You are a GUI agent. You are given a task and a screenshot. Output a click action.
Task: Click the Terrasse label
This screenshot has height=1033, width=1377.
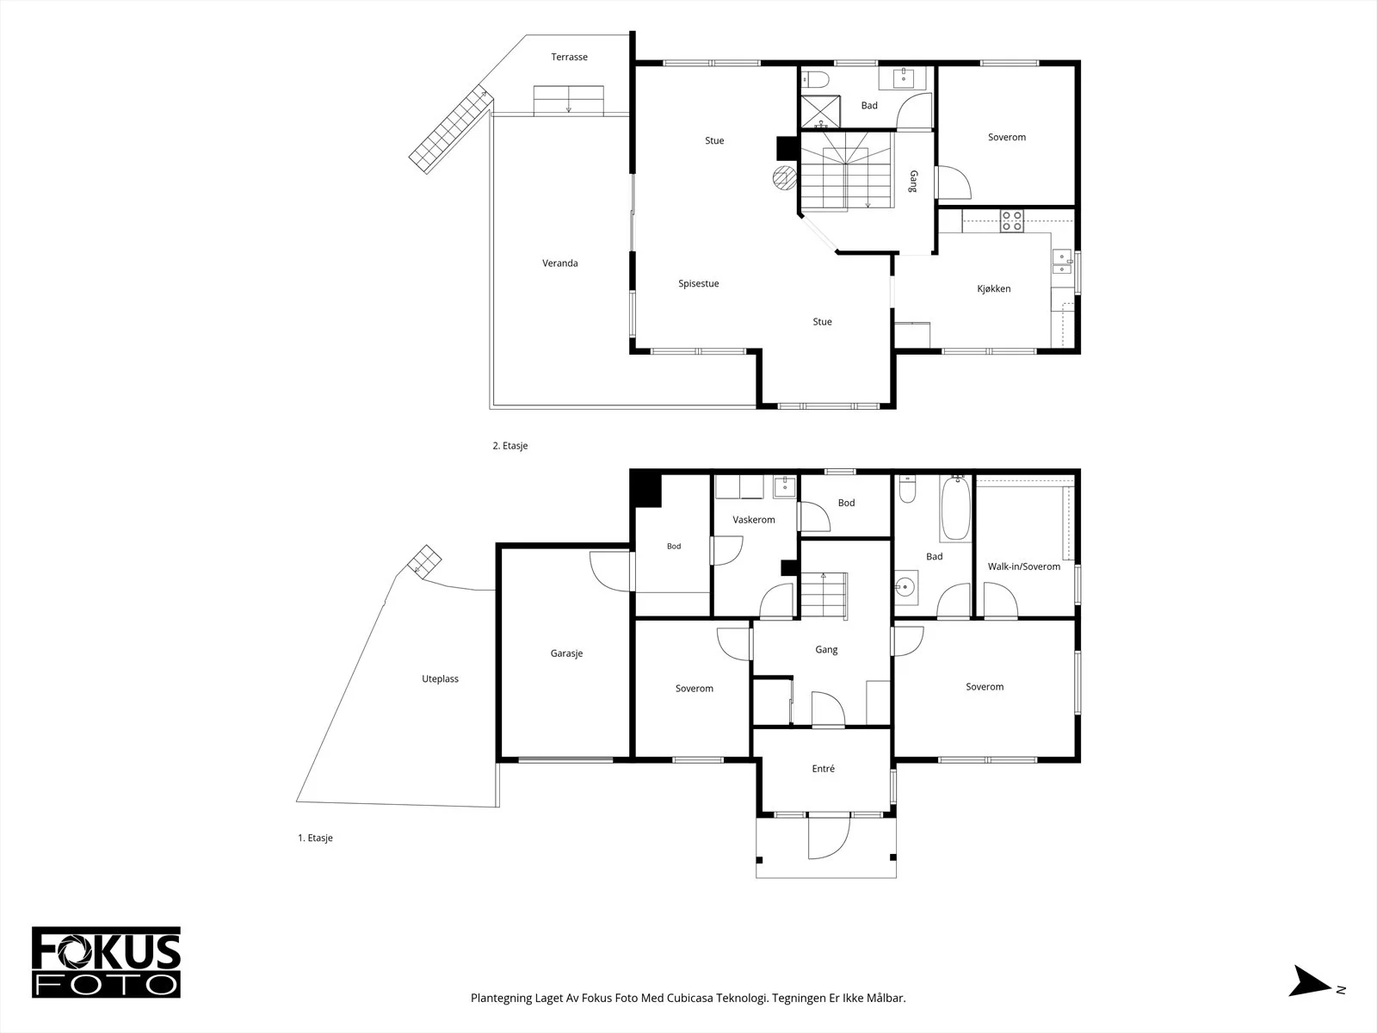[569, 57]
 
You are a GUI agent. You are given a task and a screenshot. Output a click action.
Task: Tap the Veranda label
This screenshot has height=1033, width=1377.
[559, 263]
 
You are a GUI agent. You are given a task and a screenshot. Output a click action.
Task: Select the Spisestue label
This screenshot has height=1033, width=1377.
[698, 283]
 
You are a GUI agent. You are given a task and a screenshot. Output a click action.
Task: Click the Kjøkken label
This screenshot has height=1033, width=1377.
[994, 289]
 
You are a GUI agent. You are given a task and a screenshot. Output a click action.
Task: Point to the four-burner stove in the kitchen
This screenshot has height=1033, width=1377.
[1011, 221]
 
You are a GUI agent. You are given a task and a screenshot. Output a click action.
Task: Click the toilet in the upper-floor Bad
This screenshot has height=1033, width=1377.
[815, 80]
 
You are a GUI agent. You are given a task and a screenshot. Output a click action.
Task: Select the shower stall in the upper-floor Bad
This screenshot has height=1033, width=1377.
[820, 112]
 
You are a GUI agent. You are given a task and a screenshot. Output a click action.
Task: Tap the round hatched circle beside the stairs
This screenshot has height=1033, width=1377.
[784, 178]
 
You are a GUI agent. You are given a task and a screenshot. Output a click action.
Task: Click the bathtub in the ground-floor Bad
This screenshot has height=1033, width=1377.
[955, 509]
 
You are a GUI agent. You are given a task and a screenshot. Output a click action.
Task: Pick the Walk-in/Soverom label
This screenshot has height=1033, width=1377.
[1024, 567]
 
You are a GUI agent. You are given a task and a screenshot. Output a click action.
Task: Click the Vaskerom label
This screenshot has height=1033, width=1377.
[753, 520]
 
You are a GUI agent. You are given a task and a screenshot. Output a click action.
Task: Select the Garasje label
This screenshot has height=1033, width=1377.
[566, 653]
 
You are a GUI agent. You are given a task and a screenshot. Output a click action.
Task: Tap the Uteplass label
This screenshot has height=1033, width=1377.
[440, 679]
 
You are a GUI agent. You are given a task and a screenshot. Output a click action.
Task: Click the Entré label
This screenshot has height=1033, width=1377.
[823, 769]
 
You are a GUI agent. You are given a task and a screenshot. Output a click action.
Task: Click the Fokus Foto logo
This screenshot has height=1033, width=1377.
[106, 962]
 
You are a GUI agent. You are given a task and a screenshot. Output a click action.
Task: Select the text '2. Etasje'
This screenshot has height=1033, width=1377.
[510, 446]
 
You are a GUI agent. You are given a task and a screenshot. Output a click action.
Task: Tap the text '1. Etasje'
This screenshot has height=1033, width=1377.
[315, 838]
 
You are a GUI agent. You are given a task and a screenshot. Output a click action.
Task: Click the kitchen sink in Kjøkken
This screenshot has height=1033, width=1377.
[1061, 262]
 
